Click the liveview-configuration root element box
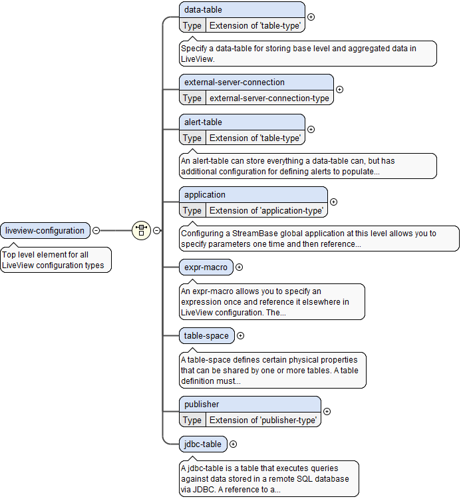[x=45, y=231]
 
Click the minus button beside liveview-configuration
[x=96, y=231]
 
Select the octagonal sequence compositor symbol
[x=141, y=231]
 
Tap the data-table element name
[x=204, y=10]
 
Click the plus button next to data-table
[x=311, y=17]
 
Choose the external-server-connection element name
[x=234, y=83]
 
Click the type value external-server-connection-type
[x=269, y=98]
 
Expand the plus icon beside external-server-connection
[x=339, y=89]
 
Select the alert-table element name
[x=204, y=122]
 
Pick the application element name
[x=205, y=195]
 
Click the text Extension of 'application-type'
[x=267, y=210]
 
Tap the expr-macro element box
[x=206, y=267]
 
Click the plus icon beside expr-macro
[x=239, y=267]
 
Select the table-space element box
[x=206, y=336]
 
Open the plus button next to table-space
[x=240, y=336]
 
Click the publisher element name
[x=202, y=405]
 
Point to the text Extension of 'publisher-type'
[x=263, y=420]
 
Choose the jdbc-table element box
[x=203, y=444]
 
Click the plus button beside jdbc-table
[x=233, y=444]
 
